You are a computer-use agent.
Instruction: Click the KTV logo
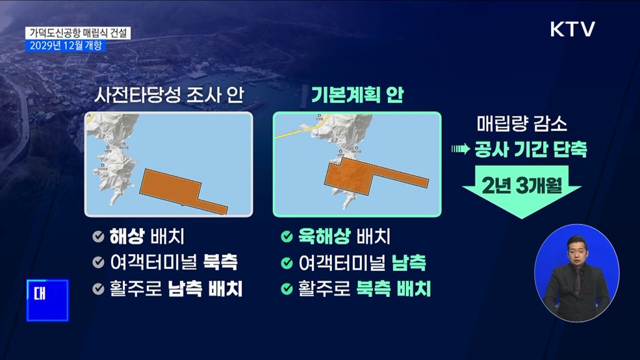point(572,29)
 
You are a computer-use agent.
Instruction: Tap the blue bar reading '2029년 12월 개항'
point(64,45)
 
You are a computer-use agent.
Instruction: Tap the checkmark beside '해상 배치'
point(98,237)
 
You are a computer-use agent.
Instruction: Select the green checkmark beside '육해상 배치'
point(286,237)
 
